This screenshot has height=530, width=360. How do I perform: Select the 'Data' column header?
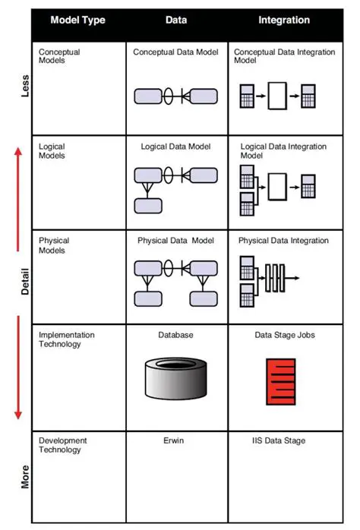[176, 21]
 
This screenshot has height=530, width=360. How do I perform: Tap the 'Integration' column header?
[283, 21]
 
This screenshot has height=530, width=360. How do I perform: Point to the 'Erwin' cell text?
[176, 440]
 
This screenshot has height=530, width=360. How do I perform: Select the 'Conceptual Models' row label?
[59, 57]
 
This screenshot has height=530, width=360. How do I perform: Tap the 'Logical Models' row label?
[52, 151]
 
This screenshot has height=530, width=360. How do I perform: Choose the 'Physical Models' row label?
[55, 245]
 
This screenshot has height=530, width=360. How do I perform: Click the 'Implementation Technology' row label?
[67, 339]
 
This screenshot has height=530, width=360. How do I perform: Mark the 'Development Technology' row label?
[63, 445]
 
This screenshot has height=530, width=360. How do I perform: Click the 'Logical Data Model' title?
[176, 146]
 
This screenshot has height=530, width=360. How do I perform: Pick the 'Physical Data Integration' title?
[283, 241]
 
